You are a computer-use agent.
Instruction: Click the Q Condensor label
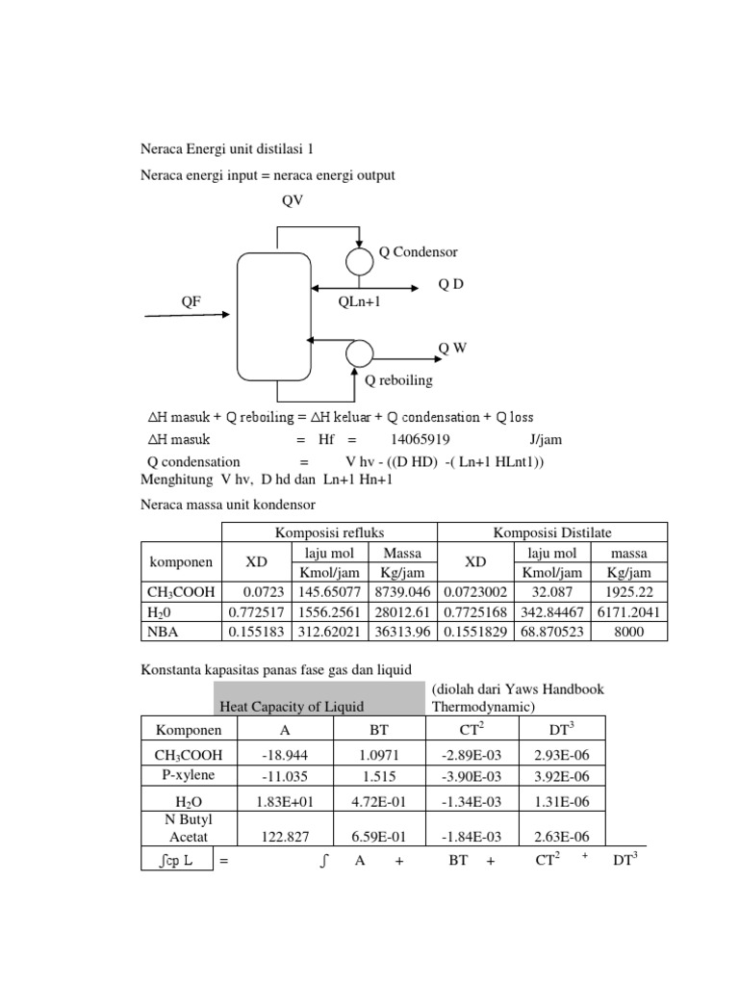418,252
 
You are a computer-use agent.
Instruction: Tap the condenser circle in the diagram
360,260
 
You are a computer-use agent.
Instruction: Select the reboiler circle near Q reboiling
359,352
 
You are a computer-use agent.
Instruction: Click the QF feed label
192,301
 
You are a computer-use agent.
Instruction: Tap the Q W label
452,348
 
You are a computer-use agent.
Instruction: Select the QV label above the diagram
292,200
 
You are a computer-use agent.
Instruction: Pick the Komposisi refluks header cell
330,532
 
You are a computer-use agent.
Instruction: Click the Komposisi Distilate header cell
551,532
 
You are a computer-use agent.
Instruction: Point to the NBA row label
165,632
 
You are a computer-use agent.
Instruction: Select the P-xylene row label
188,776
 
